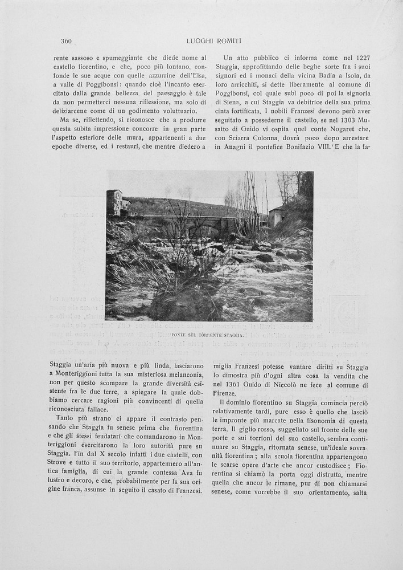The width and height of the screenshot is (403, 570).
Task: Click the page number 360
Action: pyautogui.click(x=66, y=41)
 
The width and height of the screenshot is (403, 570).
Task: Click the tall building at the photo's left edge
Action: pyautogui.click(x=114, y=203)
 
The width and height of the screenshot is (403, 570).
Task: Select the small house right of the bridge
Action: pyautogui.click(x=277, y=216)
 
